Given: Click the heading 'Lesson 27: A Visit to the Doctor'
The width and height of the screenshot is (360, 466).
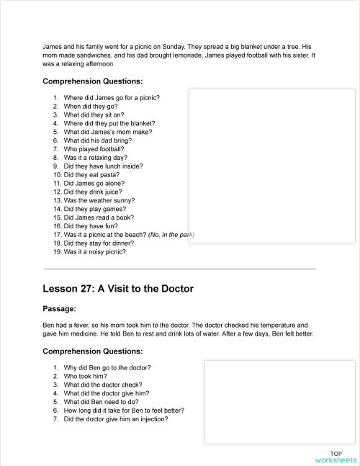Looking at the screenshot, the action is tap(117, 289).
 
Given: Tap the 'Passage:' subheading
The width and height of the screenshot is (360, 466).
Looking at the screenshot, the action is tap(60, 308).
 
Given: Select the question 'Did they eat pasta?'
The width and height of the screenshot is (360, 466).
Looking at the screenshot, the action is tap(91, 174).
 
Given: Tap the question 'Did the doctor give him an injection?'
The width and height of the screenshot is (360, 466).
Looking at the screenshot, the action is tap(116, 419).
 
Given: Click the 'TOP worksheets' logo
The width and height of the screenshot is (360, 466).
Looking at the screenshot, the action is tap(336, 456).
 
